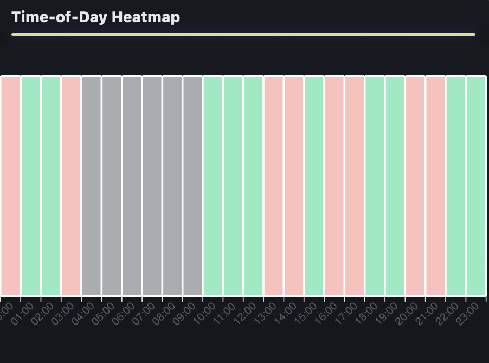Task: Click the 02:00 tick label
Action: [43, 314]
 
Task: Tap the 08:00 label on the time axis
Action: [164, 314]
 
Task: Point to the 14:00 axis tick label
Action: [286, 314]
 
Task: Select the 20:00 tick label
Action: [407, 314]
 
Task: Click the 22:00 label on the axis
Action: [448, 314]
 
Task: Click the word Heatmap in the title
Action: [146, 17]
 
